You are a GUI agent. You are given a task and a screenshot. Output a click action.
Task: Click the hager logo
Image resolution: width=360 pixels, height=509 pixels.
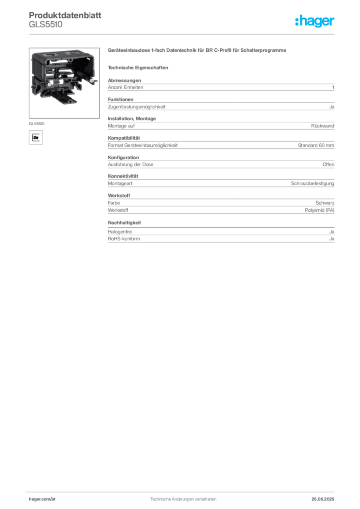[x=314, y=21]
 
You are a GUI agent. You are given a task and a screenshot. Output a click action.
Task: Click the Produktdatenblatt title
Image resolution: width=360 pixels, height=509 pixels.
[x=65, y=15]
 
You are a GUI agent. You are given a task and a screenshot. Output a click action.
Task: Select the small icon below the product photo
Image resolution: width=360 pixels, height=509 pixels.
[x=36, y=137]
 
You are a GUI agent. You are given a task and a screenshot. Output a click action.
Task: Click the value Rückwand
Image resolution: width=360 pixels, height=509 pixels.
[x=322, y=126]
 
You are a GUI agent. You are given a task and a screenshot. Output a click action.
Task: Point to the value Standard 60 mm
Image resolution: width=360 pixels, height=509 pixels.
[x=316, y=145]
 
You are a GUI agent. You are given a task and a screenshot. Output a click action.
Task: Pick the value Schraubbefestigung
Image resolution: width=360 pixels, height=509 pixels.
[x=312, y=184]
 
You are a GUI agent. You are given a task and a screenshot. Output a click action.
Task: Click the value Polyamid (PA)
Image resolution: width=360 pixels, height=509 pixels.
[x=319, y=210]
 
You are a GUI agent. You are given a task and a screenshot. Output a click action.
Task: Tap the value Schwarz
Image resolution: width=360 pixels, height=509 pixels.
[x=325, y=203]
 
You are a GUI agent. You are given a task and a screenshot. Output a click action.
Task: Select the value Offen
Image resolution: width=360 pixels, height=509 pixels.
[x=328, y=164]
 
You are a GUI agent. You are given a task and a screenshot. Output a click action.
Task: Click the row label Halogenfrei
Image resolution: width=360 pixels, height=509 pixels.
[x=120, y=232]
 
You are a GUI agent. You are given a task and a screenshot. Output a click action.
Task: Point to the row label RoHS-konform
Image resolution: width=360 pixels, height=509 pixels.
[x=124, y=239]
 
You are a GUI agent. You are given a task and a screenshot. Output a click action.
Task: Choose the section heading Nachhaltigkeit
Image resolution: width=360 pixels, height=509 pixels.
[x=124, y=223]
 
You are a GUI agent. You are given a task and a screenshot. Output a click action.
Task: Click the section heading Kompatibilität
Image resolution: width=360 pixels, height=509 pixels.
[x=124, y=138]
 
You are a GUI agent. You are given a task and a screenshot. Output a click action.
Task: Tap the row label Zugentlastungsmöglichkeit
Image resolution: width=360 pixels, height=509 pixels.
[x=137, y=107]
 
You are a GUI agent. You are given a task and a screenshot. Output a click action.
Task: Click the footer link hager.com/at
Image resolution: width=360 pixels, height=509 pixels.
[x=42, y=499]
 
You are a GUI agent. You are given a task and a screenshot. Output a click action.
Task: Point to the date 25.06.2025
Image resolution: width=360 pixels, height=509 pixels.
[x=323, y=499]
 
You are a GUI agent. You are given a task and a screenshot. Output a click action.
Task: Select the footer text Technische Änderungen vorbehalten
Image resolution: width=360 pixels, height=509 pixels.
[x=183, y=499]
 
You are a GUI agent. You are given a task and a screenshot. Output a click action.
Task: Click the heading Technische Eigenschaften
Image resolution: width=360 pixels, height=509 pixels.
[x=138, y=68]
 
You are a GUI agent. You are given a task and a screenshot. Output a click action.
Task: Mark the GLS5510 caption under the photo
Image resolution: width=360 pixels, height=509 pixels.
[x=37, y=124]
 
